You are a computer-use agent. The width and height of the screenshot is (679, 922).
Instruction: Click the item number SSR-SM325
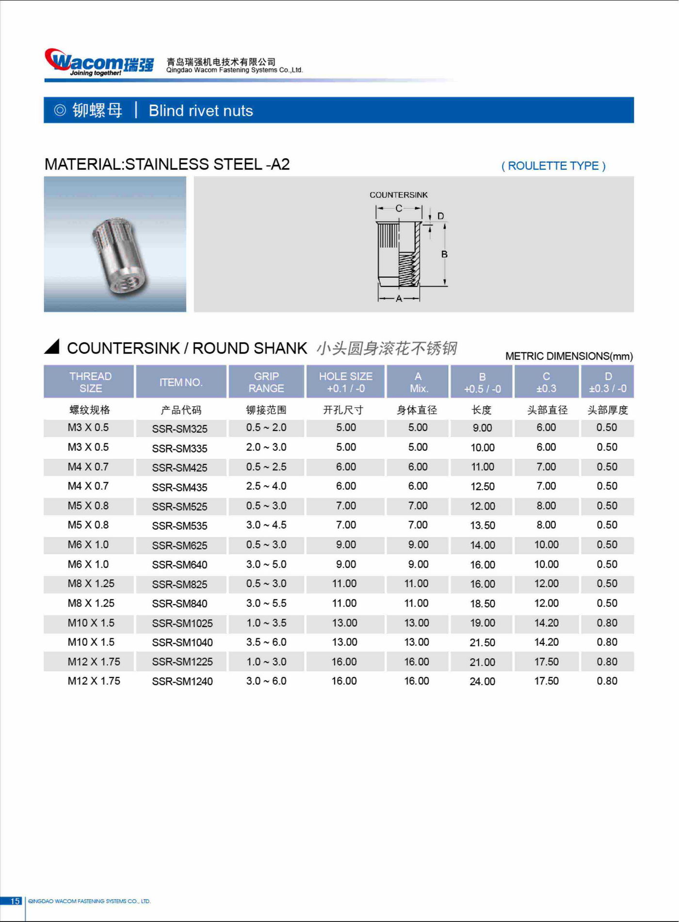pos(179,429)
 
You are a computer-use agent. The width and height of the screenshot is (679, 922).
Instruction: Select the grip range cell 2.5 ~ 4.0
pos(266,486)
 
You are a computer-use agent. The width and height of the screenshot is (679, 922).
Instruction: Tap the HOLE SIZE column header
pos(345,382)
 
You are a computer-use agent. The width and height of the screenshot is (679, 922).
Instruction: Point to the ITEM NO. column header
pos(181,382)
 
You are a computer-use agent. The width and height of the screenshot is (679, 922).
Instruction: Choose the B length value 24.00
pos(482,681)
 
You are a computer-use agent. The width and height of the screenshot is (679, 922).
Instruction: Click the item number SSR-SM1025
pos(182,623)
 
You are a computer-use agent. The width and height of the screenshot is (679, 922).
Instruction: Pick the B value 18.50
pos(482,604)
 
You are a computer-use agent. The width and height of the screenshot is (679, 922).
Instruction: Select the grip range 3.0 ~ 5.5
pos(266,603)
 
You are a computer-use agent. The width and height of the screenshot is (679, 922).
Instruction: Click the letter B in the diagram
pos(444,254)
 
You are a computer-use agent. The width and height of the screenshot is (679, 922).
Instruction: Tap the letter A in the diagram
pos(399,299)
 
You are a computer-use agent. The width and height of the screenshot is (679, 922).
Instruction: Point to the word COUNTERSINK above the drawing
pos(398,195)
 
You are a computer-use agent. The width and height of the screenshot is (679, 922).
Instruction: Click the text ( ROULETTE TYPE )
pos(553,166)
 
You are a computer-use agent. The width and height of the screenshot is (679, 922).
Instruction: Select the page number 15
pos(15,901)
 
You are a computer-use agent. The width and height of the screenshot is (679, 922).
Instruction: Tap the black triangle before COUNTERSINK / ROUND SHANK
pos(52,346)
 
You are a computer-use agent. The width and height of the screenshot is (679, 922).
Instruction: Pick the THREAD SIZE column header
pos(90,382)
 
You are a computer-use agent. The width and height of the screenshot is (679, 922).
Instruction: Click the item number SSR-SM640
pos(179,565)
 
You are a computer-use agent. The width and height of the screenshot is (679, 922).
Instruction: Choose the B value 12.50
pos(482,487)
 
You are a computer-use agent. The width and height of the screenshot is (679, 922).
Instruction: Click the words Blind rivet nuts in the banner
pos(201,111)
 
